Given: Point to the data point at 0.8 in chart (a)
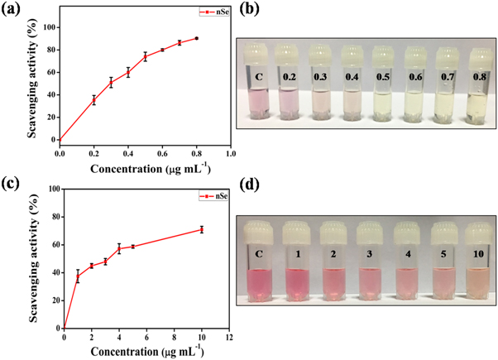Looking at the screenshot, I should coord(197,38).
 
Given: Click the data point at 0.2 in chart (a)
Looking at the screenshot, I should coord(93,100).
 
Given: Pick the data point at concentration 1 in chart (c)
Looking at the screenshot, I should coord(78,277).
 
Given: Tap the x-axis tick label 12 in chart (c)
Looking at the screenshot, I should coord(228,338).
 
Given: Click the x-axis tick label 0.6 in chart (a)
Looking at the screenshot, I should coord(162,154).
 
